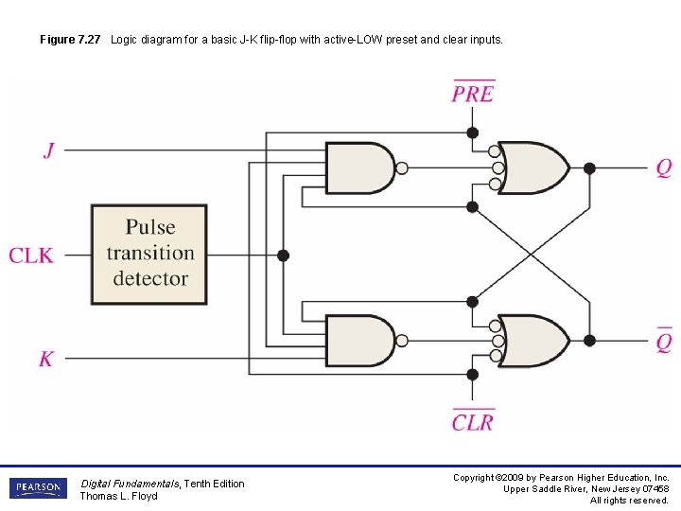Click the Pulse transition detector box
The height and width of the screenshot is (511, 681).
click(149, 254)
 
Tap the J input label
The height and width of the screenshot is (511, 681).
click(48, 150)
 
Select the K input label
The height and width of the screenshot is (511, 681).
click(46, 359)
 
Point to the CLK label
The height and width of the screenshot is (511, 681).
click(31, 255)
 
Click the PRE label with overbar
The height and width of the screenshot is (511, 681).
click(473, 93)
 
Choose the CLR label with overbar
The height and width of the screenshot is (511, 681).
click(473, 421)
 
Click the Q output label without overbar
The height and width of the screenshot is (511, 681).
click(664, 168)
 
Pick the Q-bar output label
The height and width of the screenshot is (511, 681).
click(664, 340)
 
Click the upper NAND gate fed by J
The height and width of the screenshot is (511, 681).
click(359, 168)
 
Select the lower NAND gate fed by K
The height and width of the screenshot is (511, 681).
click(359, 341)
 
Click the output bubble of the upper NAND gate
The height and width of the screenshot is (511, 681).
click(402, 168)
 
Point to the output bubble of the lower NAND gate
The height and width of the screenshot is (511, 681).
click(402, 341)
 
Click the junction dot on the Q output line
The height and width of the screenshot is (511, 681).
click(589, 168)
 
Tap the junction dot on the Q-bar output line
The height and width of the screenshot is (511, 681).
click(589, 341)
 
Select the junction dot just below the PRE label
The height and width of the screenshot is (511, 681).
click(473, 132)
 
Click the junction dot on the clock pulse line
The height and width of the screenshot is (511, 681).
click(283, 255)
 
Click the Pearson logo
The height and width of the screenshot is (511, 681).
click(38, 488)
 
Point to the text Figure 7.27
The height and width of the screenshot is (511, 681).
click(72, 40)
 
